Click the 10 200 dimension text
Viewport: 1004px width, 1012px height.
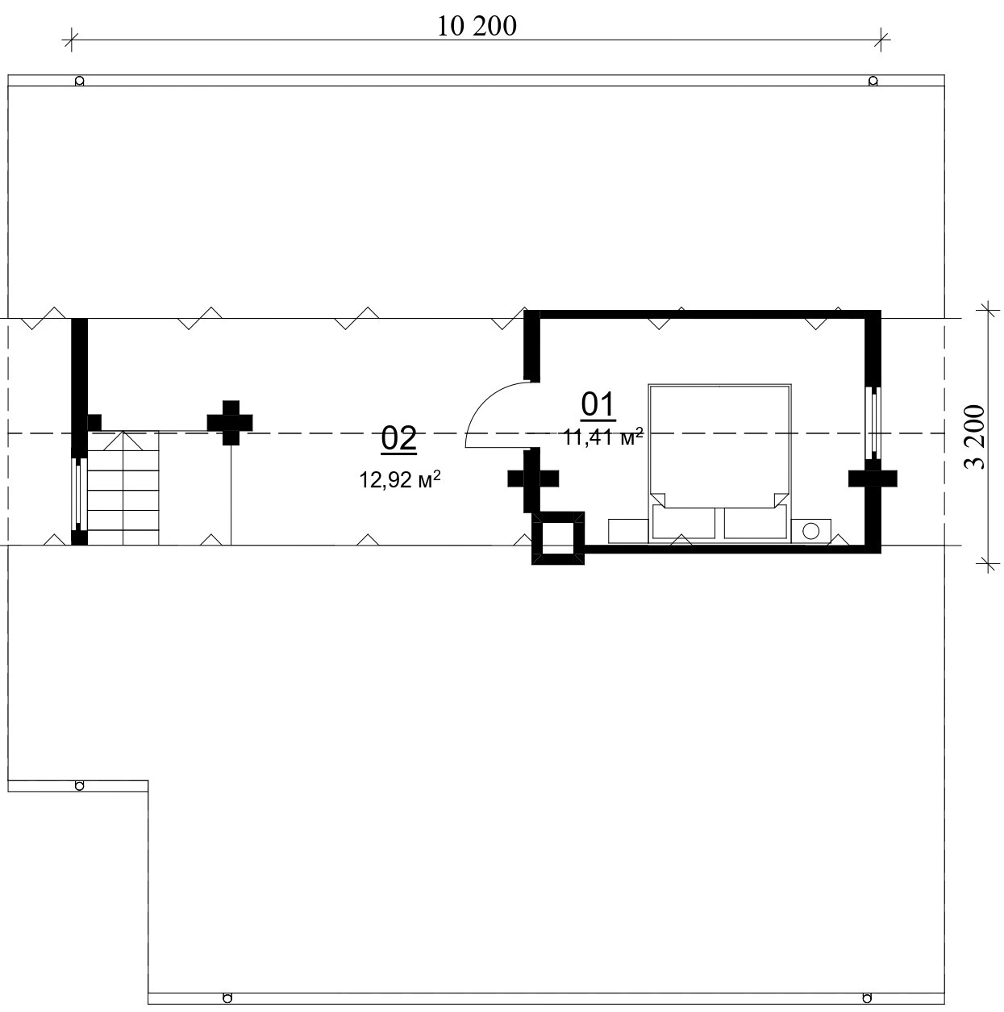coord(476,27)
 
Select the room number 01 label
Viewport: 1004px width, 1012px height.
coord(598,406)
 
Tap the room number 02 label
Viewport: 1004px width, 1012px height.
coord(399,438)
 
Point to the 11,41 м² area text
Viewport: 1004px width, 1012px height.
coord(603,437)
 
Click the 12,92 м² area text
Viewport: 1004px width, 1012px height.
coord(399,479)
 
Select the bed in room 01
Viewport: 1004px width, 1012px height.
coord(719,462)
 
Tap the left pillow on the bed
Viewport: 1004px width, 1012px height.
coord(683,521)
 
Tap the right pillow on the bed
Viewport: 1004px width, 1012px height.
coord(756,521)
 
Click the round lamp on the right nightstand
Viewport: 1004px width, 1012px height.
coord(811,531)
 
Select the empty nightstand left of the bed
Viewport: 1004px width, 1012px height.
coord(628,531)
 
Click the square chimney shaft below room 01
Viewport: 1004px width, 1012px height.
coord(558,538)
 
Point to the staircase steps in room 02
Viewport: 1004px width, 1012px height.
coord(123,488)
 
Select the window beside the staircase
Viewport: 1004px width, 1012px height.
coord(79,495)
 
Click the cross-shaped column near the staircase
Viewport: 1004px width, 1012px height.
coord(230,423)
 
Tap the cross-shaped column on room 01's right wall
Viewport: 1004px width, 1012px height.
coord(873,479)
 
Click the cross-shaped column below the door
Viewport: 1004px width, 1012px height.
coord(533,479)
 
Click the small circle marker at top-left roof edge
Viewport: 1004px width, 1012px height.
coord(79,81)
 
